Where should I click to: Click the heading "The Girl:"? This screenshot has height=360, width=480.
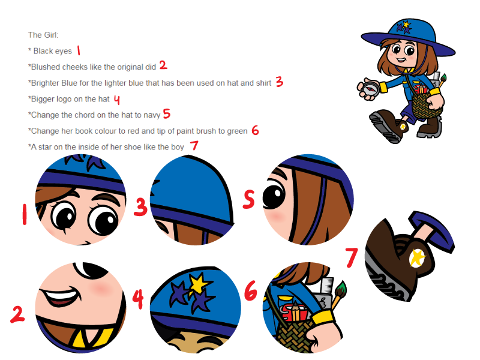(43, 35)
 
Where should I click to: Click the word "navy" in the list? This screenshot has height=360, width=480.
(152, 115)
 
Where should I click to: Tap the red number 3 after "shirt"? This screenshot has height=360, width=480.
(279, 82)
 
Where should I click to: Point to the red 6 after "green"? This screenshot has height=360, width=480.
(256, 130)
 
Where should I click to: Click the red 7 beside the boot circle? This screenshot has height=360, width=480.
(351, 257)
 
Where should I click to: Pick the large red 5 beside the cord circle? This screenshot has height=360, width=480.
(249, 199)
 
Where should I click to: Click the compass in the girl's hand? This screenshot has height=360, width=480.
(370, 88)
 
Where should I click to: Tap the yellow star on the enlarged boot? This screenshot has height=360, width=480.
(418, 257)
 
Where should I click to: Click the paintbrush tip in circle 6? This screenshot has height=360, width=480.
(341, 288)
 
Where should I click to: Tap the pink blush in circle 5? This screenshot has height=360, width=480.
(277, 217)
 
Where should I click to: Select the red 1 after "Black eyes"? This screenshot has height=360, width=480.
(79, 50)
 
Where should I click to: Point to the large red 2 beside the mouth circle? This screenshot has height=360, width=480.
(17, 314)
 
